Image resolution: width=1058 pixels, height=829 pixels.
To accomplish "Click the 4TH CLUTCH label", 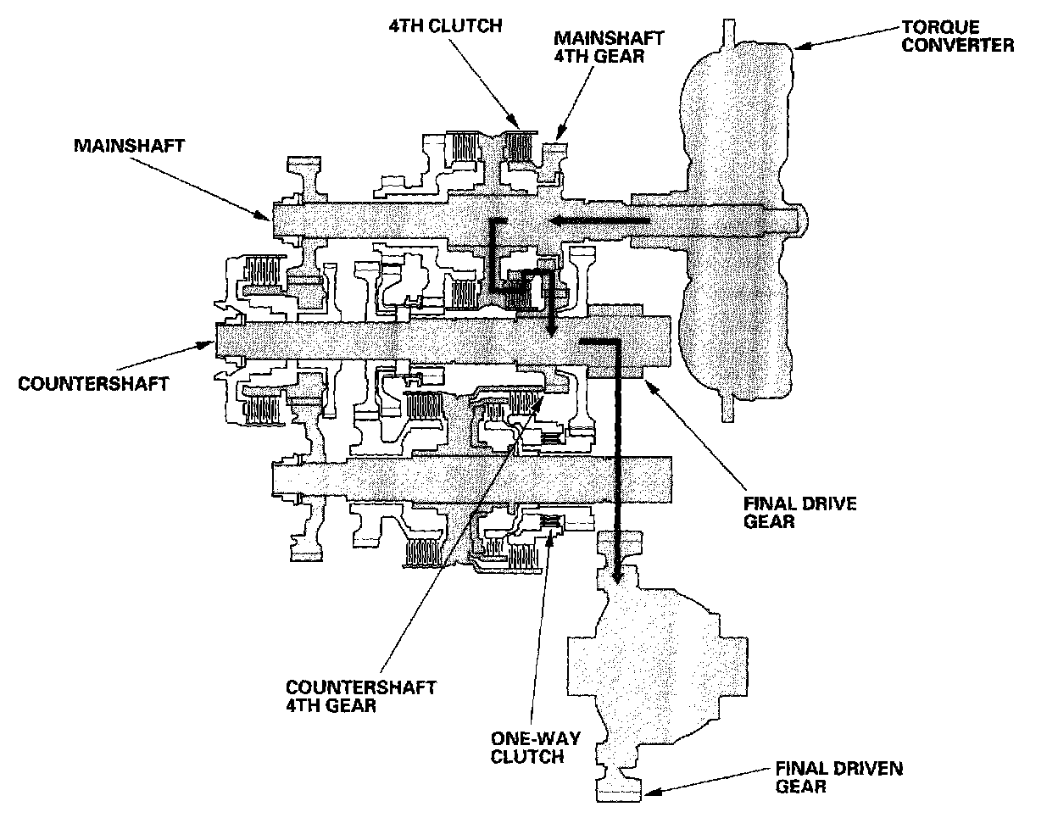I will point(453,25).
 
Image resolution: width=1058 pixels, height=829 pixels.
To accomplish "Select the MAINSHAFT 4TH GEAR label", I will point(609,47).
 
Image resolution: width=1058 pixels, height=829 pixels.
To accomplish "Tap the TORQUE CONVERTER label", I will point(957,36).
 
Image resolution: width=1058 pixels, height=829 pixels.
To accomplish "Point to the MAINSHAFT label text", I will point(129,145).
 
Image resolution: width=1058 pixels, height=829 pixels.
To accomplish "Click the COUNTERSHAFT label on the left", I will point(93,383).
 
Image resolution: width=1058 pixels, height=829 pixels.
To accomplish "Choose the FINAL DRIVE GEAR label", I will point(799,513).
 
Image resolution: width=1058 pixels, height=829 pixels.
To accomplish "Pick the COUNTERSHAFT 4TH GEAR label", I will point(361,695).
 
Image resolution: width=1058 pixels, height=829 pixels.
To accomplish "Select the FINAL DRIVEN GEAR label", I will point(838,778).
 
